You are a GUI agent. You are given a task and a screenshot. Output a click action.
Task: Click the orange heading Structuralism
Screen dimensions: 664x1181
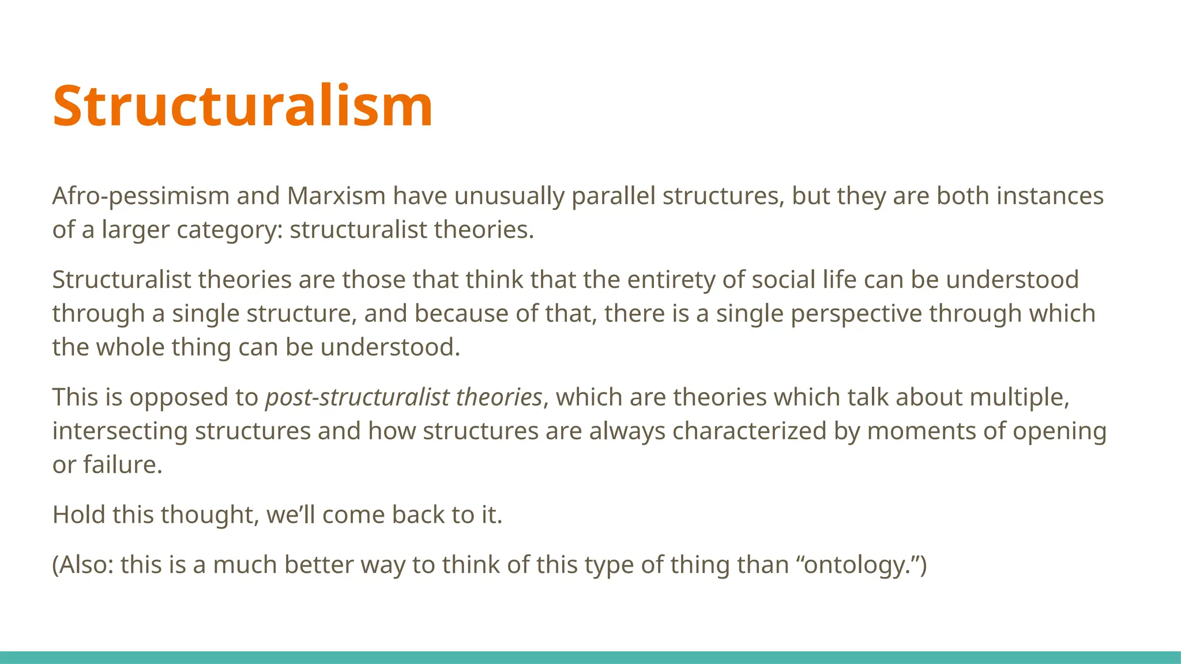(242, 106)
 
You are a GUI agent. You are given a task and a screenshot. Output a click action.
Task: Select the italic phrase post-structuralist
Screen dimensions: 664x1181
(357, 398)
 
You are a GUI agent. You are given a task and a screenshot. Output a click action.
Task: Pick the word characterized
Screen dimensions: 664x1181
(749, 431)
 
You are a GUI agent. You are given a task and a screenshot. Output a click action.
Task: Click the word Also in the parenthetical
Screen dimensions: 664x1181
(85, 565)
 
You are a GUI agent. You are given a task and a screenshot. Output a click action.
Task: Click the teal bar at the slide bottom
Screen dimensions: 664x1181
(590, 657)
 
